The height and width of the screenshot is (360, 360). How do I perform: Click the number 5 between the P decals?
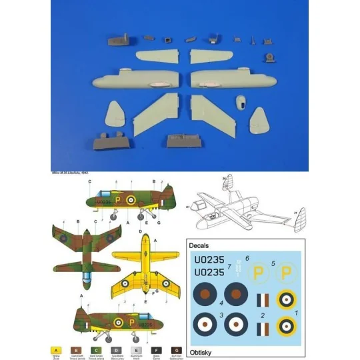tap(273, 263)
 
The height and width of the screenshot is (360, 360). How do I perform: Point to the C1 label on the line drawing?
tap(189, 209)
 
